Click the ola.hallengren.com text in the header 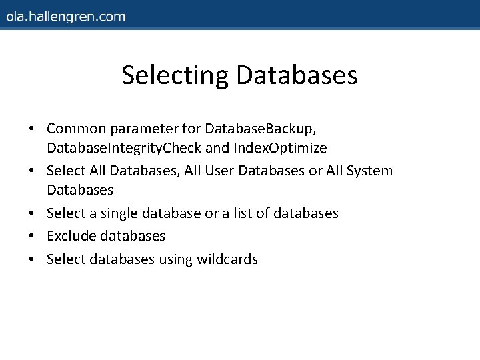[65, 16]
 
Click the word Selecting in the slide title [175, 75]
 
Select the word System [369, 171]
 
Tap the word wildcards [227, 259]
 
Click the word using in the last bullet [175, 260]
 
